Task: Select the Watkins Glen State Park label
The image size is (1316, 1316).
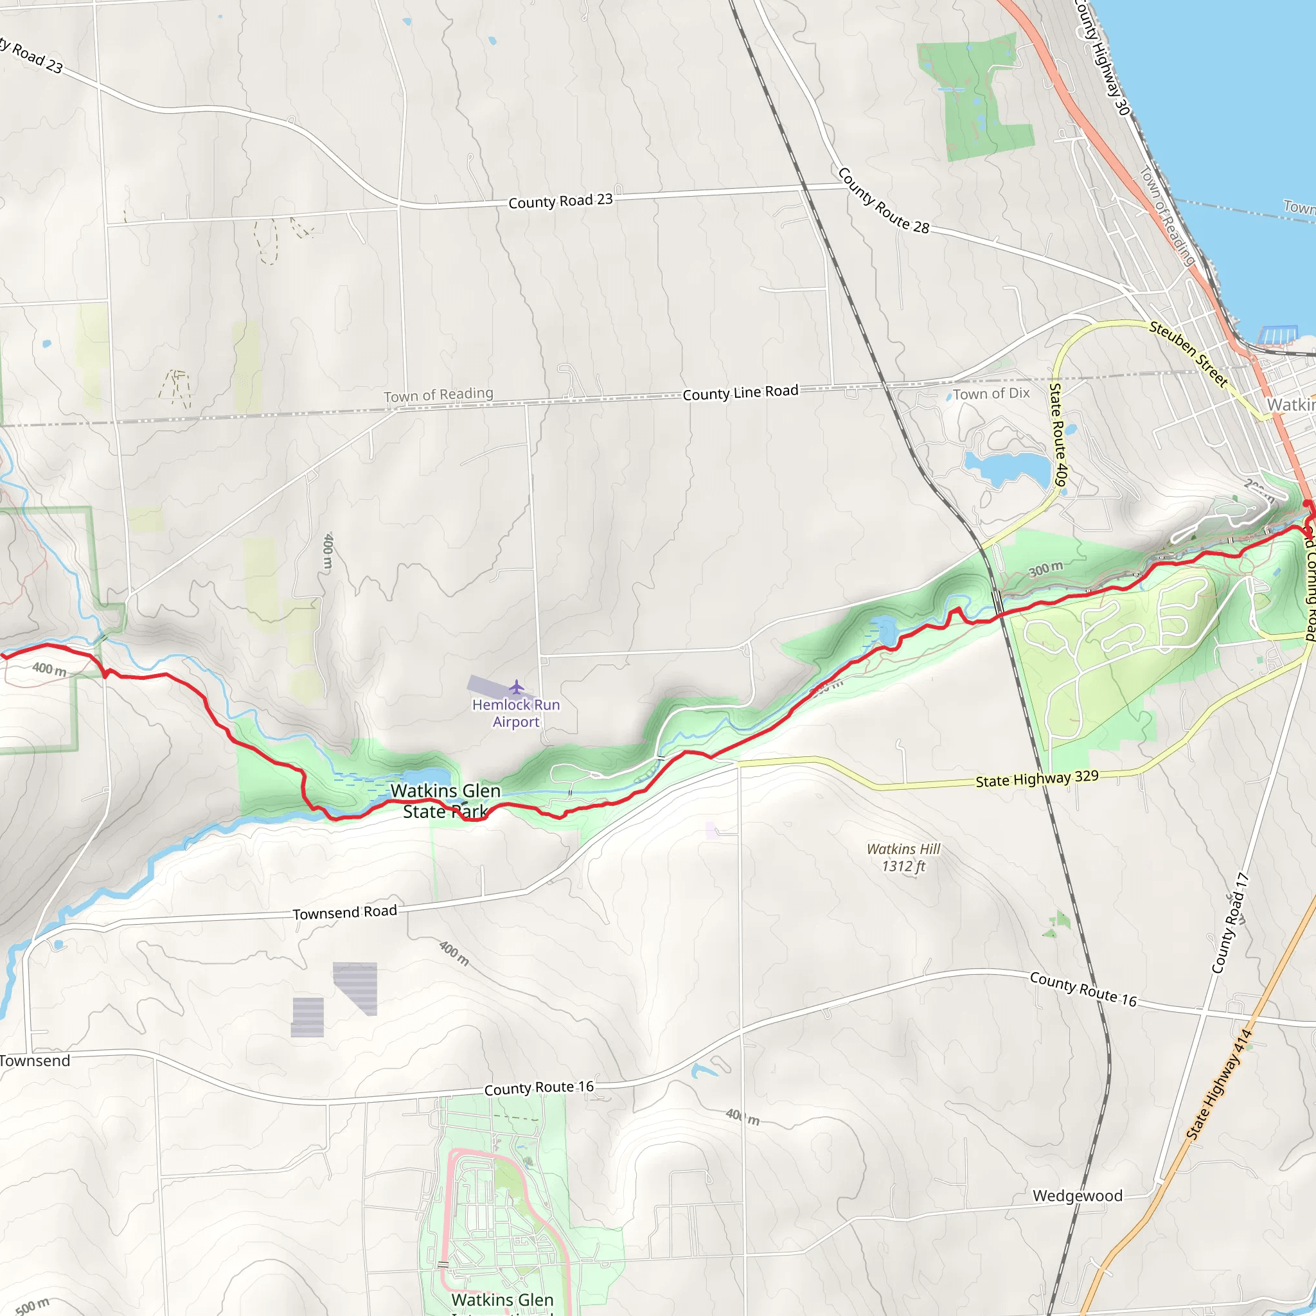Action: coord(445,801)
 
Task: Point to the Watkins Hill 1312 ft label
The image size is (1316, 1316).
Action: coord(903,857)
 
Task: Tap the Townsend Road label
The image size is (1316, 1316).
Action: coord(344,912)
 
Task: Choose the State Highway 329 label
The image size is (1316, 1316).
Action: coord(1036,779)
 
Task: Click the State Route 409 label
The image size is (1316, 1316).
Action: coord(1058,434)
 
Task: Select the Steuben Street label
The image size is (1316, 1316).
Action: coord(1188,354)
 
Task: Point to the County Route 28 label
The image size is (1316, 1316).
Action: coord(883,201)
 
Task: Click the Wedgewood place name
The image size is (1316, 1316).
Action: coord(1078,1195)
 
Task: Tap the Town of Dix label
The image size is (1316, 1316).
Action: coord(991,393)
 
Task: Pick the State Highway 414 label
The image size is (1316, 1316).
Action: coord(1218,1085)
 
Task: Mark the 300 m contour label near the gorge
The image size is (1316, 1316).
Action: coord(1045,568)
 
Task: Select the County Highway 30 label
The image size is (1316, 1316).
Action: coord(1102,58)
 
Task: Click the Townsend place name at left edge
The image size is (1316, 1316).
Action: coord(35,1060)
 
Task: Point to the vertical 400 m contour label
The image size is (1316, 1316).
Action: coord(328,551)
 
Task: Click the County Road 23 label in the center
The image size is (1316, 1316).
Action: coord(560,201)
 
